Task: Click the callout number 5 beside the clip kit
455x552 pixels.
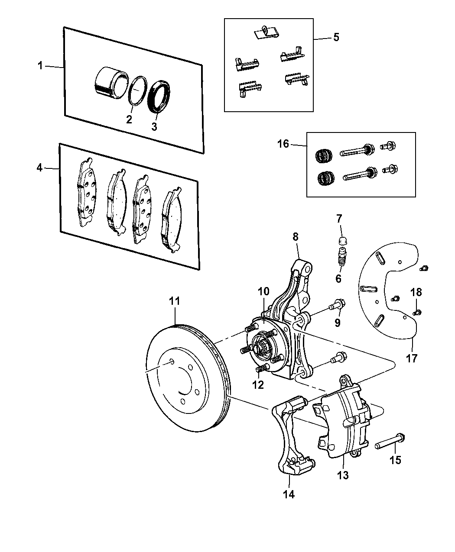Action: [336, 37]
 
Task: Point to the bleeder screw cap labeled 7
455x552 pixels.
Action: [341, 241]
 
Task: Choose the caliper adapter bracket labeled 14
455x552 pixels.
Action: [286, 433]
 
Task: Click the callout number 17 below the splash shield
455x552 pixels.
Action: [412, 358]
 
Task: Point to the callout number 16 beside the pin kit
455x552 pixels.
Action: [283, 144]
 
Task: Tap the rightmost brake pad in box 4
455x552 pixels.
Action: [171, 221]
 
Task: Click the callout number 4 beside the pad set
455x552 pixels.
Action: [39, 168]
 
